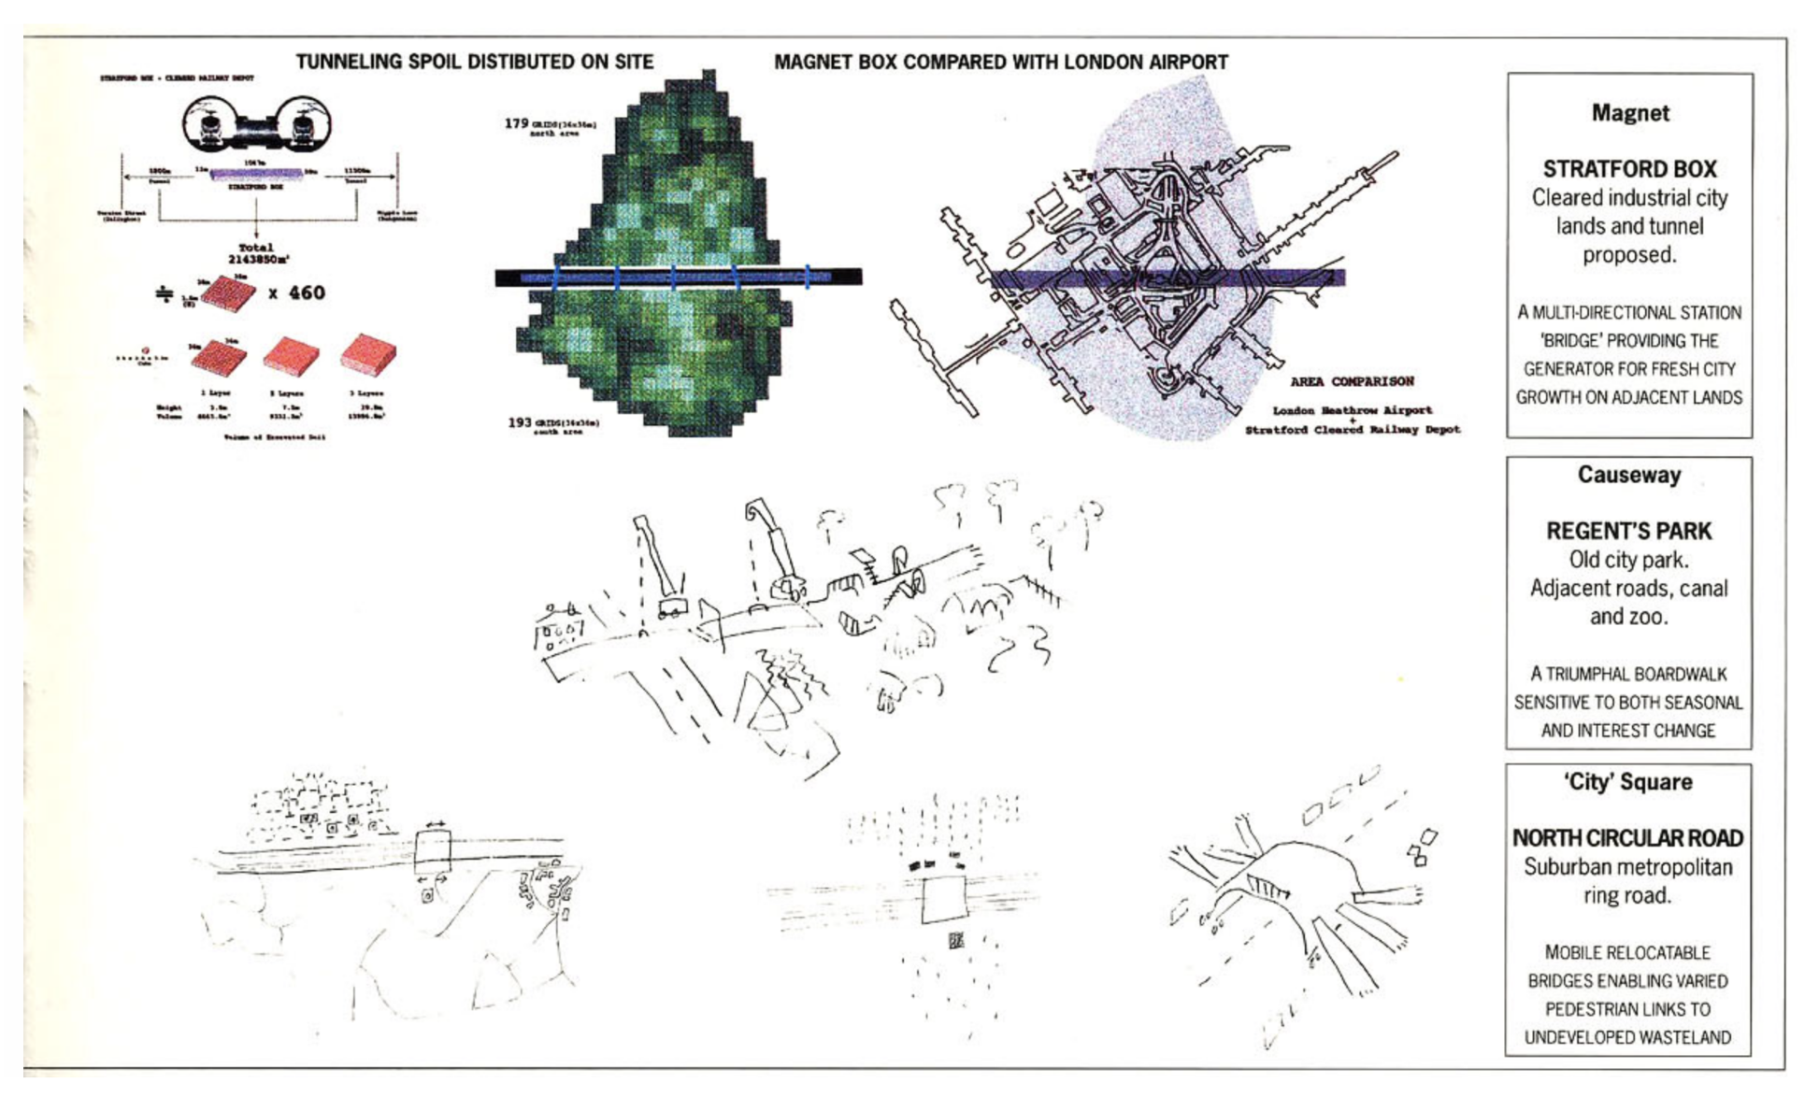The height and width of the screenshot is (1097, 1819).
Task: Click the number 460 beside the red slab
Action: click(307, 293)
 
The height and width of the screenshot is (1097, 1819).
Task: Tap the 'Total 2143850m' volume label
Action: click(257, 253)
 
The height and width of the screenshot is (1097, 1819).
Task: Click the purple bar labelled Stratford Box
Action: click(256, 174)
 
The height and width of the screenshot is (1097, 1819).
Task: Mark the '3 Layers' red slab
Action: click(367, 356)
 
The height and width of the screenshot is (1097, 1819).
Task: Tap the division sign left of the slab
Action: click(165, 294)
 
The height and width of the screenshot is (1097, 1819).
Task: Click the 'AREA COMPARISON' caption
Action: click(1352, 381)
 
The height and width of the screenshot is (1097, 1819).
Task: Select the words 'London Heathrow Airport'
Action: click(1352, 410)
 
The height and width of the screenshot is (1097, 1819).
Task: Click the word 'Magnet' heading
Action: click(1630, 113)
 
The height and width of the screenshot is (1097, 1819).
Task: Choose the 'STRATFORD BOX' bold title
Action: click(1629, 169)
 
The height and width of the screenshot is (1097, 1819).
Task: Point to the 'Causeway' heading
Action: click(1629, 475)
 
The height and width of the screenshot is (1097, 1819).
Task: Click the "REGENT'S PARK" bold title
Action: click(1628, 531)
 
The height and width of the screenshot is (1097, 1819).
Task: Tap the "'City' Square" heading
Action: click(1628, 782)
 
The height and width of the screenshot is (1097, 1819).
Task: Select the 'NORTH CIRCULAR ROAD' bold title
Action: click(1627, 838)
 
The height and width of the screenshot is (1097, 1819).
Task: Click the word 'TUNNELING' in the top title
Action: click(347, 63)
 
